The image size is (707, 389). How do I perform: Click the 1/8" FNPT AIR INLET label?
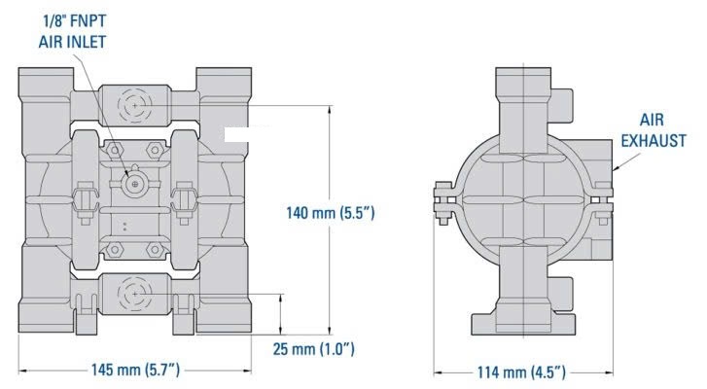(72, 31)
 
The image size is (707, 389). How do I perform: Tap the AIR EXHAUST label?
(653, 130)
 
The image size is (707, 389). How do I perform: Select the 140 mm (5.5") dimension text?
(331, 212)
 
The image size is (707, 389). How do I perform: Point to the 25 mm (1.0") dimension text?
(313, 349)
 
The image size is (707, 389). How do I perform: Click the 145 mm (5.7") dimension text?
(135, 371)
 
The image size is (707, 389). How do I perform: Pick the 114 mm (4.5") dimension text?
(521, 372)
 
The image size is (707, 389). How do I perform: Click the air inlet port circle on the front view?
(134, 184)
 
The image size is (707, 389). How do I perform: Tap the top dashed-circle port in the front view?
(135, 106)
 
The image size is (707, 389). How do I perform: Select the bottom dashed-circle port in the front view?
(135, 294)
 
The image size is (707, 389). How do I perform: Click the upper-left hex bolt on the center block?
(115, 150)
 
